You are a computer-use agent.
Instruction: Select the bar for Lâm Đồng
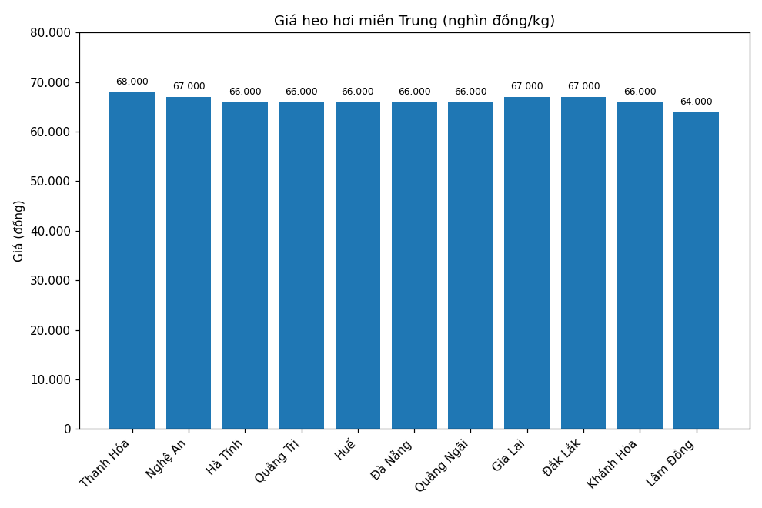(x=696, y=270)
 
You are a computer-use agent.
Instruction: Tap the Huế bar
(x=358, y=265)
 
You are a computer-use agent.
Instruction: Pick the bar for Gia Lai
(x=527, y=262)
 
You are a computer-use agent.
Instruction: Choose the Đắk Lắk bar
(x=583, y=262)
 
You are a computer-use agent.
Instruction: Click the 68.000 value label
(x=132, y=82)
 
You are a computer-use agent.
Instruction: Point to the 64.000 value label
(x=696, y=102)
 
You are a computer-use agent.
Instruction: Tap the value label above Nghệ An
(x=189, y=87)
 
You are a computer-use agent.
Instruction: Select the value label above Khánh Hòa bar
(x=640, y=92)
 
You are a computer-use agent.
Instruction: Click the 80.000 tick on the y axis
(x=51, y=33)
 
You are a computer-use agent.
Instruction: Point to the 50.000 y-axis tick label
(x=51, y=182)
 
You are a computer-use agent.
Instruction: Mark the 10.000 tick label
(x=51, y=379)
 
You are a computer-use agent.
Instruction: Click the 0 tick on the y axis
(x=67, y=429)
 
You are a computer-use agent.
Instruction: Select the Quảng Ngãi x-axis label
(x=442, y=465)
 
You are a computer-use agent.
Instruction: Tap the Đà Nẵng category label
(x=392, y=460)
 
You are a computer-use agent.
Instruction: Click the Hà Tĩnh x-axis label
(x=225, y=456)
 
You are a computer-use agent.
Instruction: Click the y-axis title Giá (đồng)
(x=19, y=231)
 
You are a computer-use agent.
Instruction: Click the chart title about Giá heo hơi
(x=414, y=21)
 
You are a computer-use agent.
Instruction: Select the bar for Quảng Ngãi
(x=470, y=265)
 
